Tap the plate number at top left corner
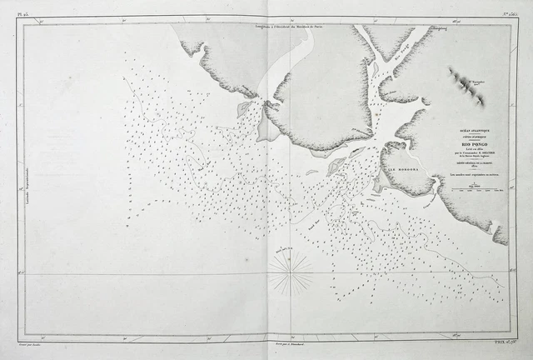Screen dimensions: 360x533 coord(22,14)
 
